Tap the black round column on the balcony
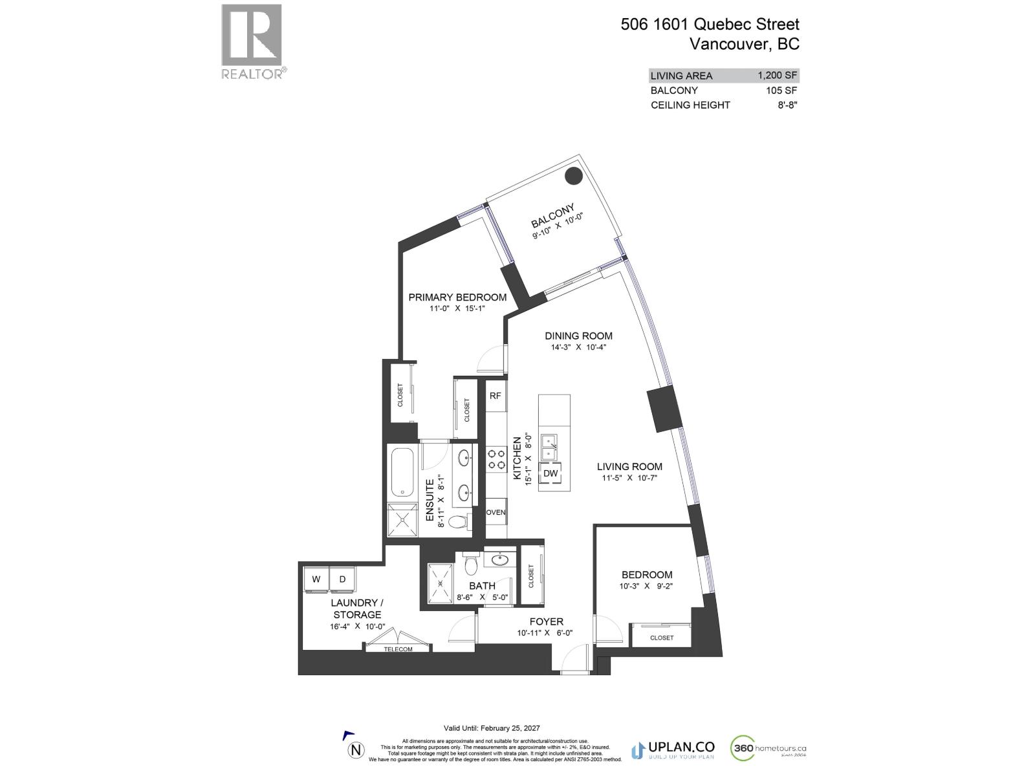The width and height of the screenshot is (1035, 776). pos(572,175)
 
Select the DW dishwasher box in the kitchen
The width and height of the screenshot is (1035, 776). pos(550,473)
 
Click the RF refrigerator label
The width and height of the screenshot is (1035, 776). pos(495,396)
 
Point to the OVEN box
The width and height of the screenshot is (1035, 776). pos(496,512)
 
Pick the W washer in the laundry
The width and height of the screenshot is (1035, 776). pos(316,579)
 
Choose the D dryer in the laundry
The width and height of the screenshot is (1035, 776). pos(342,579)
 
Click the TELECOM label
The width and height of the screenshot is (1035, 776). pos(398,649)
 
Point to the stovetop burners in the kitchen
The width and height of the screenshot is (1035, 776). pos(496,459)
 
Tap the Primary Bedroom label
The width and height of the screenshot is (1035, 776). pos(457,297)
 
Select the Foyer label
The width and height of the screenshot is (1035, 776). pos(546,621)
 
